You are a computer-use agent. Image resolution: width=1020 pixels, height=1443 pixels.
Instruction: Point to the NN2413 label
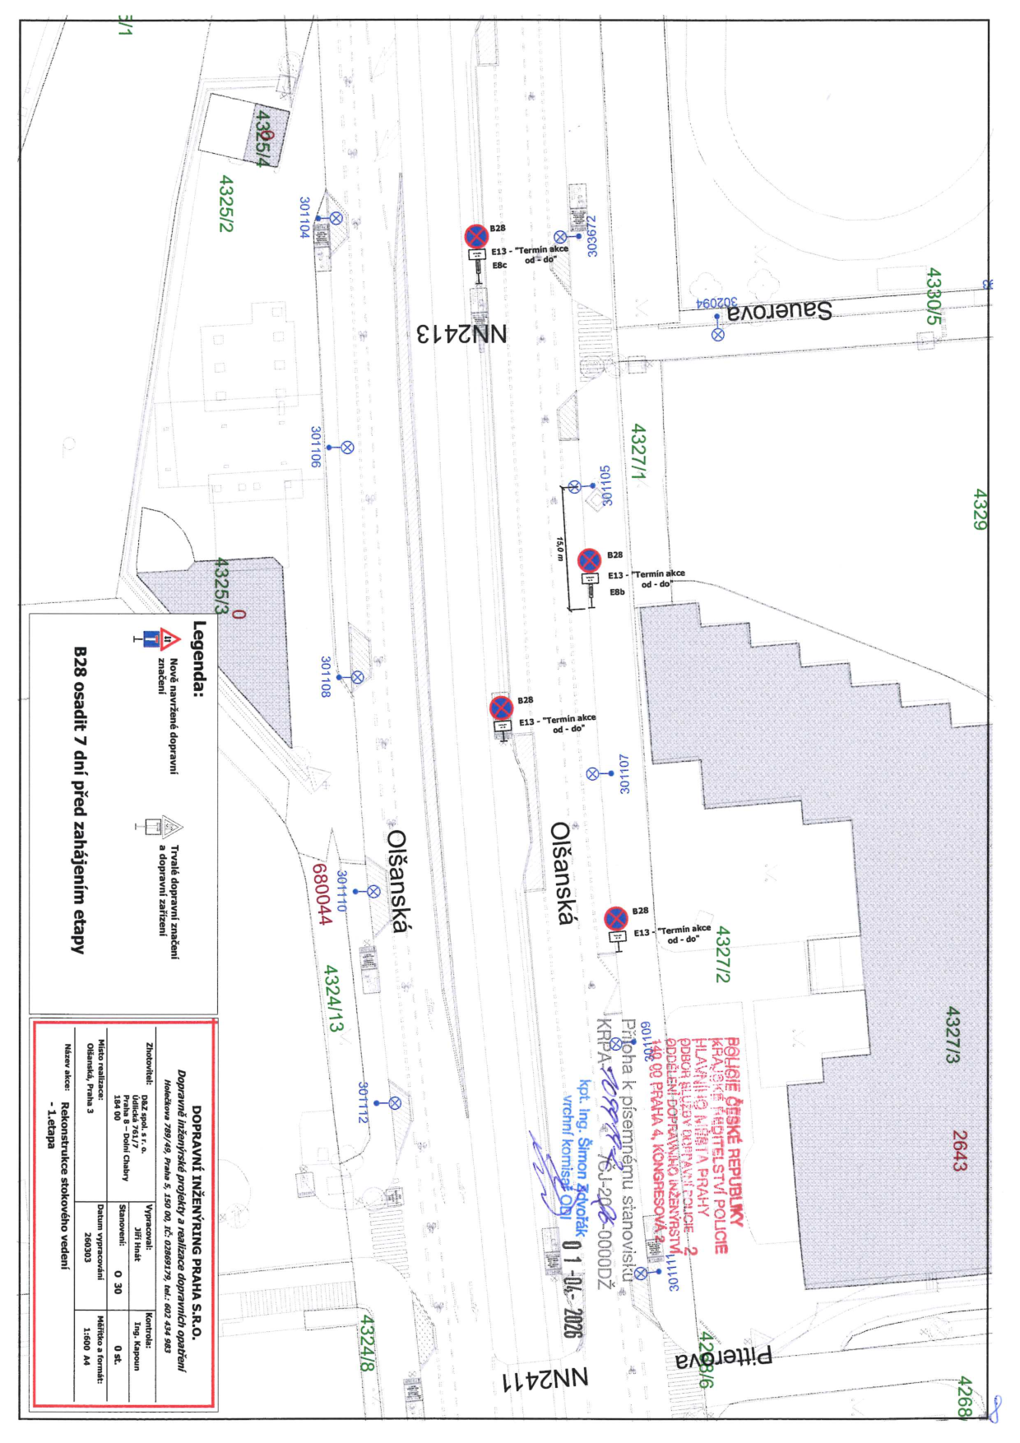(461, 334)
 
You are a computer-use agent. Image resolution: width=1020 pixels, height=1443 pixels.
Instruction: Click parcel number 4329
(979, 509)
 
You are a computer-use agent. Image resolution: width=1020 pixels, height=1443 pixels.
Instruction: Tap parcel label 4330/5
(933, 295)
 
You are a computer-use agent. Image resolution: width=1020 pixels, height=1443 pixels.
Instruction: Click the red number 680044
(322, 893)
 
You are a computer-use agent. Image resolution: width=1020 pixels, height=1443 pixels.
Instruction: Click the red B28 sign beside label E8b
(589, 561)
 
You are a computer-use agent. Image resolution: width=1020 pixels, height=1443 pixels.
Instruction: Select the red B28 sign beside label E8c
(476, 236)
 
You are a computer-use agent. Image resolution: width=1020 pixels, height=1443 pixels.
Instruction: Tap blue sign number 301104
(304, 217)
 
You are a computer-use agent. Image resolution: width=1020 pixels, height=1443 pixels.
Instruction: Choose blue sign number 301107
(624, 773)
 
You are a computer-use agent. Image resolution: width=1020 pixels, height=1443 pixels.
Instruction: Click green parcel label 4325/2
(225, 203)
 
